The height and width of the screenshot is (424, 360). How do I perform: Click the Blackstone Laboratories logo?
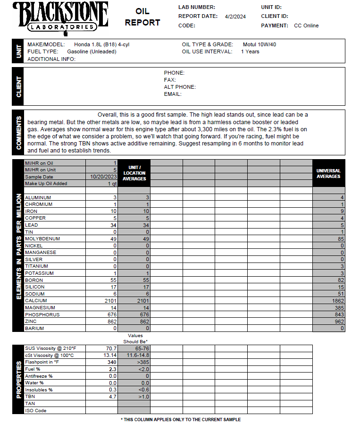point(60,17)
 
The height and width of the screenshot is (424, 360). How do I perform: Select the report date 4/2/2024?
point(235,17)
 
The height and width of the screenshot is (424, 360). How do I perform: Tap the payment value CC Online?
point(306,25)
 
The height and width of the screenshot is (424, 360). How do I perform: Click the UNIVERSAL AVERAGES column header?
point(328,173)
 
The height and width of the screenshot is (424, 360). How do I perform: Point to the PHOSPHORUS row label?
point(42,314)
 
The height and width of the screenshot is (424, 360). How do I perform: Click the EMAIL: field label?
point(173,94)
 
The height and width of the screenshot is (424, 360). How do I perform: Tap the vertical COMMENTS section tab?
point(19,133)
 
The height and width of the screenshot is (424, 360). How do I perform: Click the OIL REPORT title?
point(142,17)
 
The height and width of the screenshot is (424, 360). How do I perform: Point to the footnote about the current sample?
point(181,419)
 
